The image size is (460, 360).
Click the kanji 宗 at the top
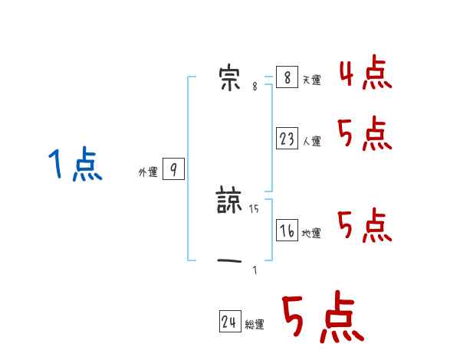(x=229, y=79)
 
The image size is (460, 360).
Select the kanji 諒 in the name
(x=230, y=201)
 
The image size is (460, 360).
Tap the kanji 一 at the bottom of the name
(x=230, y=261)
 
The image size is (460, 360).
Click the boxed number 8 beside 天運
(x=287, y=78)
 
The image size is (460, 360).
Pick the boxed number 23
(x=287, y=139)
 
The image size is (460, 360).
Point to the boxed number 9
(x=173, y=170)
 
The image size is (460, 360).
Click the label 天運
(x=312, y=80)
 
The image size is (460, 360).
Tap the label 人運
(x=312, y=141)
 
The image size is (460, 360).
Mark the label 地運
(x=312, y=233)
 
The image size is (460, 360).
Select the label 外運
(x=148, y=172)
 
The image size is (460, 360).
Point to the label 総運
(x=255, y=325)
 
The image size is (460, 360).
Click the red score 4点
(x=365, y=74)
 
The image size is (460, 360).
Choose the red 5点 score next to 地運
(x=365, y=225)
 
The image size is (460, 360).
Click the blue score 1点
(x=75, y=165)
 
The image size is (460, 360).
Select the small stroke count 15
(x=255, y=208)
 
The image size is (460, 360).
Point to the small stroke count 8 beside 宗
(x=255, y=87)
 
